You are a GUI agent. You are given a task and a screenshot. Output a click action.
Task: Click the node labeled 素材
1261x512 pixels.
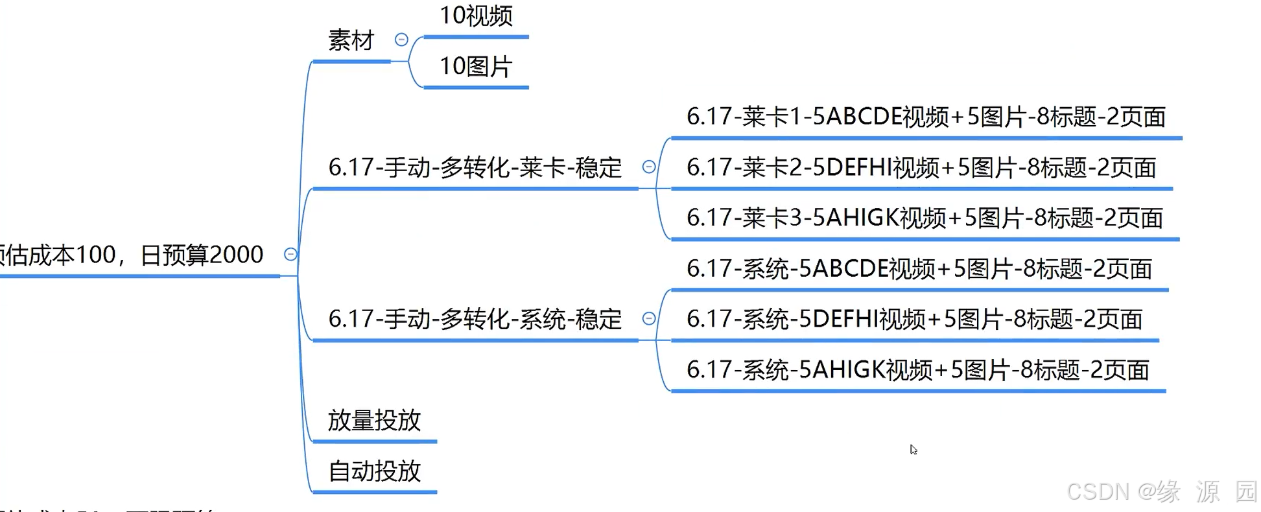click(351, 41)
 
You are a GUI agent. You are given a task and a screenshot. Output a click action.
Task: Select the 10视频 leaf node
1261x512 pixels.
click(476, 16)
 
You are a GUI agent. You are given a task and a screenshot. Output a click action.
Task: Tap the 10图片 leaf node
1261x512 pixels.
click(476, 66)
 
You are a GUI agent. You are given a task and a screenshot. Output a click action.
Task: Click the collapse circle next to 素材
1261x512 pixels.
click(401, 40)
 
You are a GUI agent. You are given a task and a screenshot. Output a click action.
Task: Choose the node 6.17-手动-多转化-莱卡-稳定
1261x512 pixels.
click(475, 168)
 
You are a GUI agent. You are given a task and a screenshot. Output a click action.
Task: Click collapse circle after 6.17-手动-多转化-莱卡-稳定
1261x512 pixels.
click(648, 167)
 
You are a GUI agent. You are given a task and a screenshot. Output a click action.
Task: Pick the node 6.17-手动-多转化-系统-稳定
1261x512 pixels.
click(475, 320)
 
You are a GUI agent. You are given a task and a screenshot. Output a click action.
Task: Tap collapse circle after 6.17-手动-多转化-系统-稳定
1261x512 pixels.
click(648, 319)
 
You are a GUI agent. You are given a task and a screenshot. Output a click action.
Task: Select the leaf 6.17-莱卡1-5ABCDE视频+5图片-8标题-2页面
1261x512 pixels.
click(926, 117)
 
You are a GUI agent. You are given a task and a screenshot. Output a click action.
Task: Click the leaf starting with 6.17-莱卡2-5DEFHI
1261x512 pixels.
click(921, 168)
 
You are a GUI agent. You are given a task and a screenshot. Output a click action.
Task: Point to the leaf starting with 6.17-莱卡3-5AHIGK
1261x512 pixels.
click(925, 218)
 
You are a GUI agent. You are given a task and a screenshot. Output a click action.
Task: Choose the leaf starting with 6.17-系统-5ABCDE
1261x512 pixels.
click(919, 269)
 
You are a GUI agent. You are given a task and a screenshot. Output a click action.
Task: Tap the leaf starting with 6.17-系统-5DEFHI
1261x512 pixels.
click(914, 320)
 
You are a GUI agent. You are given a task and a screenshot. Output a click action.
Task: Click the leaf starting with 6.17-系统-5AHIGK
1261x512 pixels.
click(917, 370)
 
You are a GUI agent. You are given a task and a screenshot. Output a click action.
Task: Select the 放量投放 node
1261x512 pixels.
click(374, 421)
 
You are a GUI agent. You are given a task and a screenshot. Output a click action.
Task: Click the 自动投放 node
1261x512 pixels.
click(374, 471)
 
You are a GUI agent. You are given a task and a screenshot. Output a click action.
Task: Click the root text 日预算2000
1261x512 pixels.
click(202, 255)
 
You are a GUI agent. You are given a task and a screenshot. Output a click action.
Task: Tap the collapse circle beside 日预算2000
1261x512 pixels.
click(290, 254)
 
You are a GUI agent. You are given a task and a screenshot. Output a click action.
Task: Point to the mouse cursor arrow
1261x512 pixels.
click(913, 449)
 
